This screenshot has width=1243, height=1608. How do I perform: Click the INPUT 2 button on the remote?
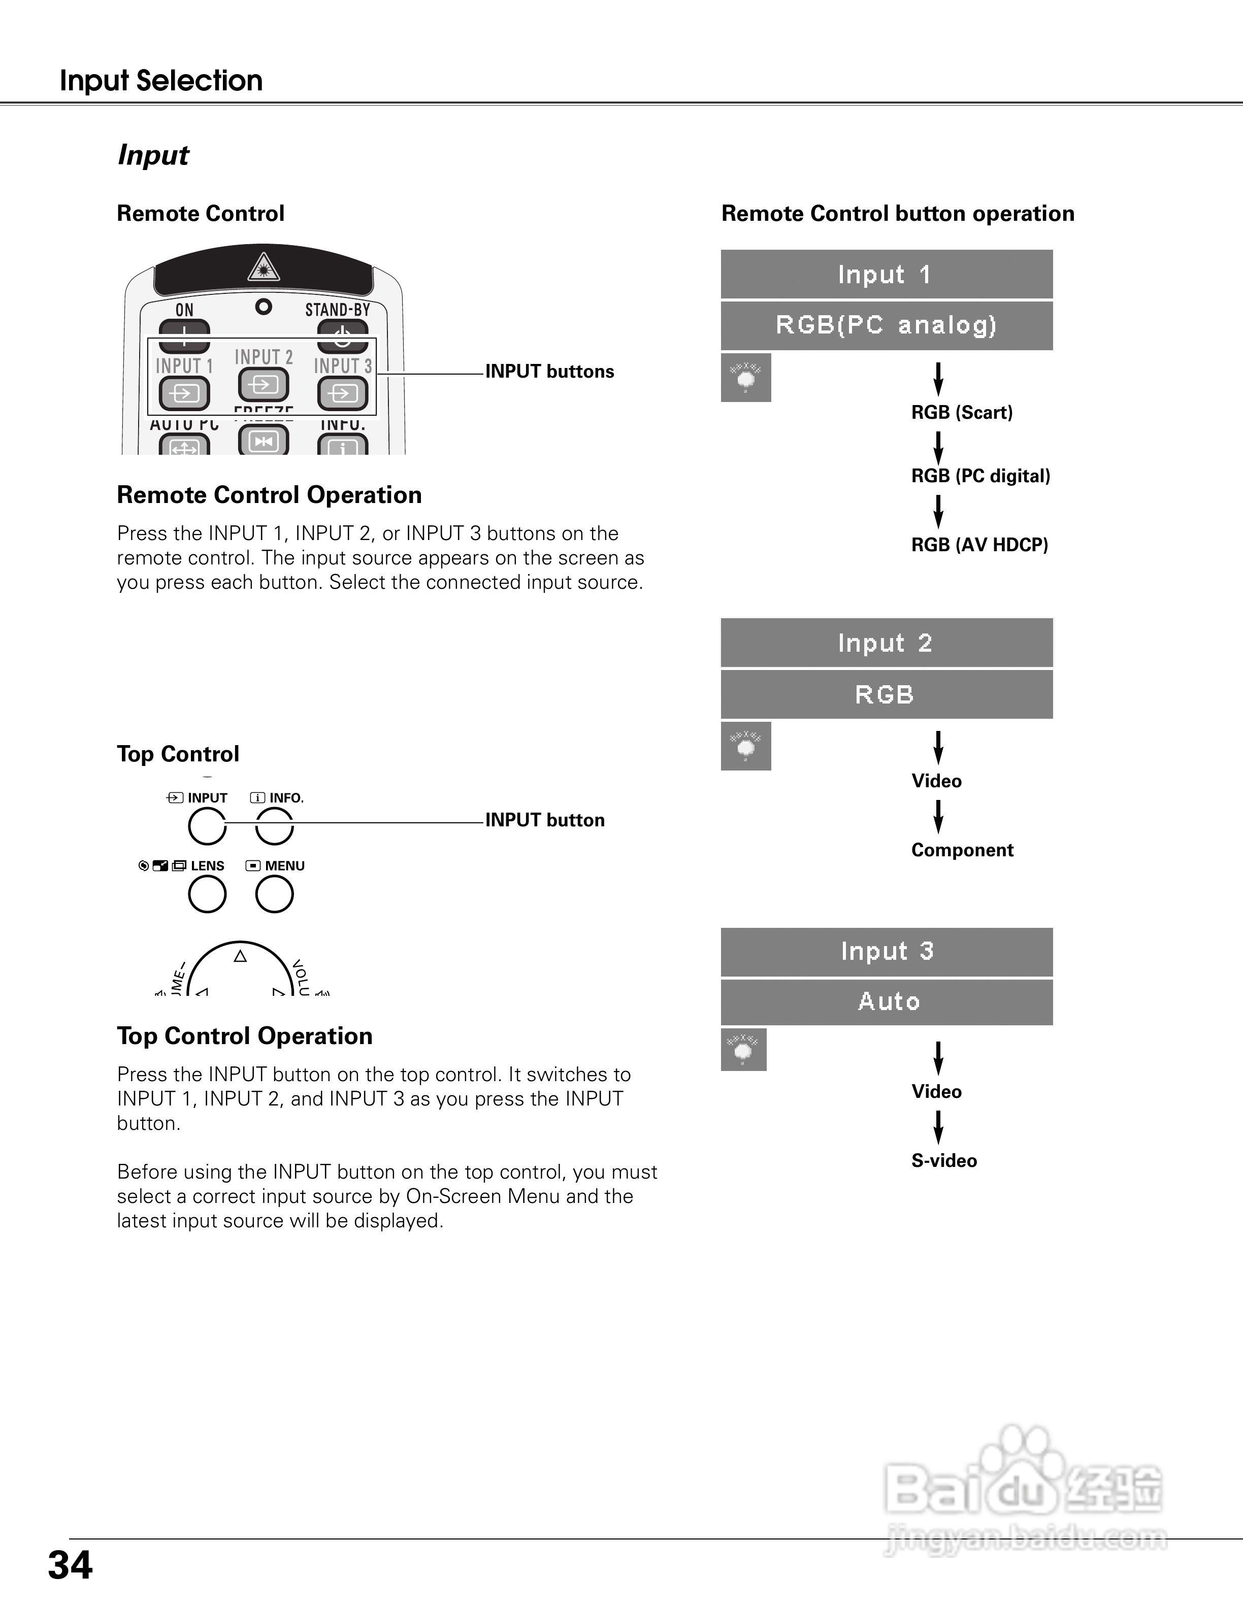[x=263, y=384]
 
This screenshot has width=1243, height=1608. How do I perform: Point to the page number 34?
[x=71, y=1565]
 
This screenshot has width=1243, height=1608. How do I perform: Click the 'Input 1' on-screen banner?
[x=886, y=275]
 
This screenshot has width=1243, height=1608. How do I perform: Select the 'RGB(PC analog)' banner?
[x=886, y=325]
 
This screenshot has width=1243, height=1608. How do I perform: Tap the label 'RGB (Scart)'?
[x=962, y=412]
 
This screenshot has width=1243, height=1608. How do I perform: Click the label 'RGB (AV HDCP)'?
[x=979, y=545]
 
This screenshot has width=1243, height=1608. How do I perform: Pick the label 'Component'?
[x=962, y=850]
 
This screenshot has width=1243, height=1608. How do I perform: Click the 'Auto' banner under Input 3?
[x=886, y=1002]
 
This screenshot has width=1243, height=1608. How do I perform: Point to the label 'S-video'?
[x=944, y=1161]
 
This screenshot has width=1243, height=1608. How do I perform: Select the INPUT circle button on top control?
[x=207, y=826]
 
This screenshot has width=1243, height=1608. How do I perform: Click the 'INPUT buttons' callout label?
[x=549, y=372]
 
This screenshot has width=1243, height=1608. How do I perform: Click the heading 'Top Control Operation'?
[x=244, y=1036]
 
